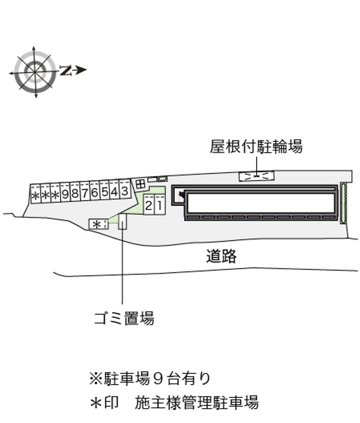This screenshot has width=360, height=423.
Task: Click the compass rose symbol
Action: pos(35,72)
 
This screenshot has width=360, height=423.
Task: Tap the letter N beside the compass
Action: pos(66,70)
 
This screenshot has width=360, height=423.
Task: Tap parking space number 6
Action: pos(94,190)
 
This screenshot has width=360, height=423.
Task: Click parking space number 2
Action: pos(148,204)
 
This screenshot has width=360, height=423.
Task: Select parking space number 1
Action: pos(159,204)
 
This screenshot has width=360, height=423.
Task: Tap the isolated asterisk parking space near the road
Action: pos(99,224)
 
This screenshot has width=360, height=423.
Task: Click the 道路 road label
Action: pos(221,256)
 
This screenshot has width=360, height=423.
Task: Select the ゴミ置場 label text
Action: pos(124,318)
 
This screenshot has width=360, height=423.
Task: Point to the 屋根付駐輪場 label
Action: pos(256,147)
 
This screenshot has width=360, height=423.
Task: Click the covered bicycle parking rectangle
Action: pos(256,176)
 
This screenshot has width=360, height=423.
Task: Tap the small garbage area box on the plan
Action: pos(122,221)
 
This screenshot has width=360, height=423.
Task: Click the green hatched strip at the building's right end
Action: pos(343,203)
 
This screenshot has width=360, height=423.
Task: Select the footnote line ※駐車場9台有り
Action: pos(150,378)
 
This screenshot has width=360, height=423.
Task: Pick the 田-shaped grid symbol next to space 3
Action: pos(140,185)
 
